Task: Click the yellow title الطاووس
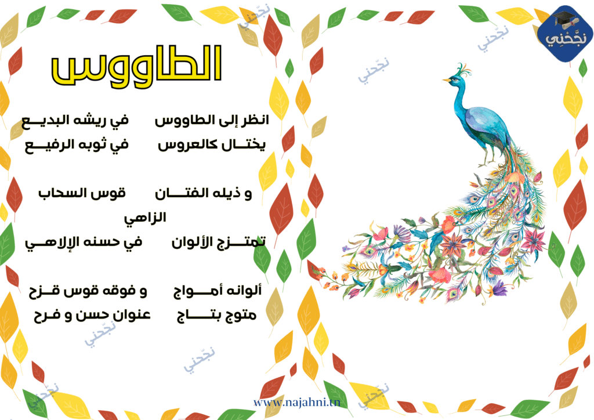[136, 65]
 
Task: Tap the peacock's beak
[446, 80]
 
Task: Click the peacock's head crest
[463, 69]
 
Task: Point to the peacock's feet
[487, 163]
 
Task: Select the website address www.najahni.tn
[296, 402]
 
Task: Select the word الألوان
[190, 242]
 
